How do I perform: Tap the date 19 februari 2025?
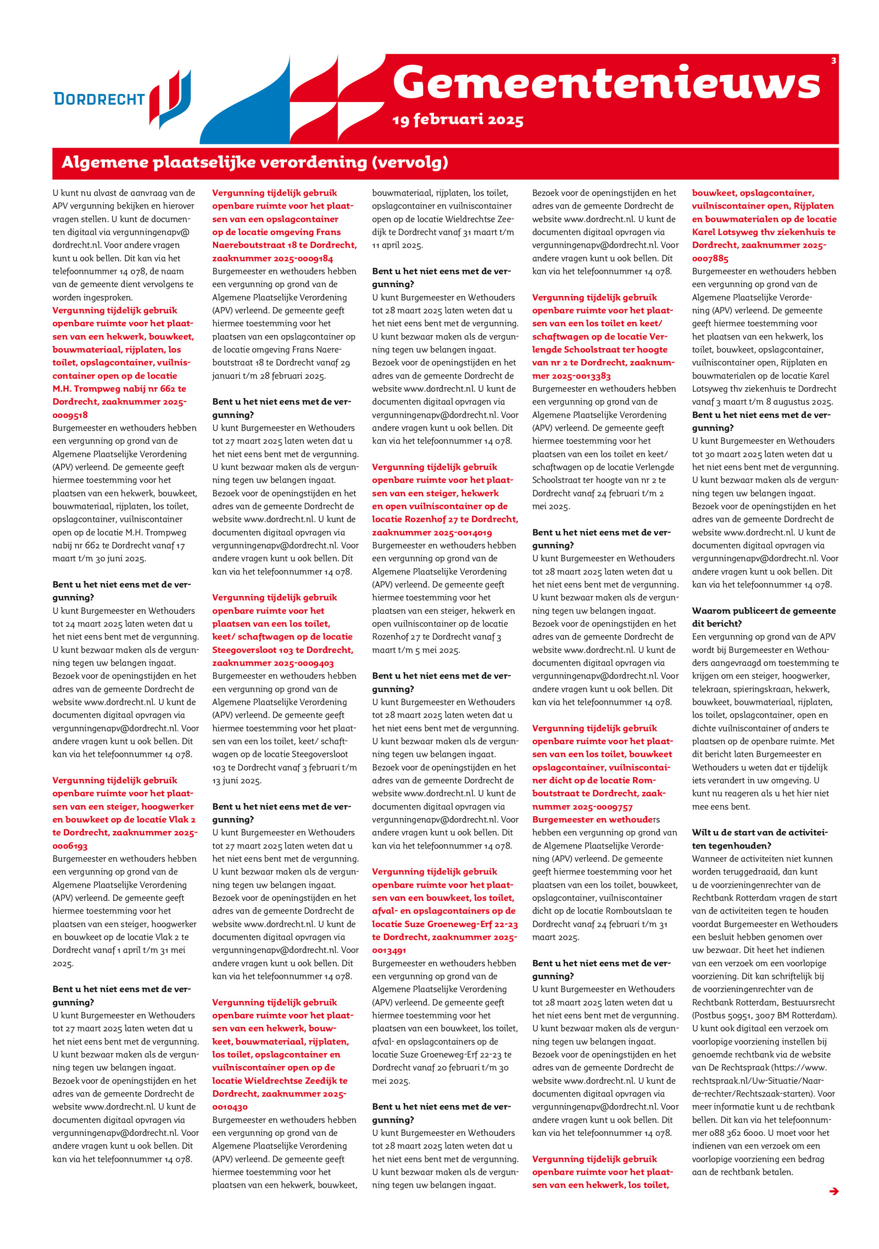[458, 120]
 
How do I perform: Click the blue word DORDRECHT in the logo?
[99, 99]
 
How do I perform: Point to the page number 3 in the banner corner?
[833, 61]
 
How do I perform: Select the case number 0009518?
[70, 415]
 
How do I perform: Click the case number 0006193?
[70, 846]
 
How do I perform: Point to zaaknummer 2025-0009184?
[272, 258]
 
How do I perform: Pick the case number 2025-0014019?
[432, 532]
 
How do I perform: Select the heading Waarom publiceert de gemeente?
[764, 611]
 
